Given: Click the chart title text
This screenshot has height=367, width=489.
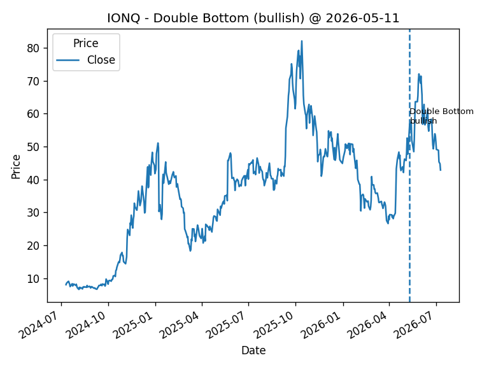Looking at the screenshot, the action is pyautogui.click(x=253, y=18).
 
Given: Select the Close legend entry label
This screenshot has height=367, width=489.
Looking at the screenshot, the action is pyautogui.click(x=101, y=60).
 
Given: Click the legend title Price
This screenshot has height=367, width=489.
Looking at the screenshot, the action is pyautogui.click(x=86, y=43).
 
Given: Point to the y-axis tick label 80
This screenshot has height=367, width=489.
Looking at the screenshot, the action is pyautogui.click(x=33, y=48).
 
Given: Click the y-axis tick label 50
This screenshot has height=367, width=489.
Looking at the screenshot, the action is pyautogui.click(x=33, y=147).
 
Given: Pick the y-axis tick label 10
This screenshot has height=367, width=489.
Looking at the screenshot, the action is pyautogui.click(x=33, y=278).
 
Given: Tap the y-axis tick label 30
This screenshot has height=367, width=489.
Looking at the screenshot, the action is pyautogui.click(x=33, y=213).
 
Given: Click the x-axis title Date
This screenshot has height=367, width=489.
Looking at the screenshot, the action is pyautogui.click(x=253, y=350).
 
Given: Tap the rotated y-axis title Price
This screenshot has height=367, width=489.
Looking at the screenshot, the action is pyautogui.click(x=15, y=167).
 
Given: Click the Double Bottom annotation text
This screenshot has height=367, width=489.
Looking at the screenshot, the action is pyautogui.click(x=441, y=116).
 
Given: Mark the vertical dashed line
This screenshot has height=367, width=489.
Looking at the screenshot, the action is pyautogui.click(x=409, y=166).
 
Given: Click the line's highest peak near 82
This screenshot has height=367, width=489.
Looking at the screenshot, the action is pyautogui.click(x=302, y=41).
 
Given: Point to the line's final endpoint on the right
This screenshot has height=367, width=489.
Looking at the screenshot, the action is pyautogui.click(x=441, y=170).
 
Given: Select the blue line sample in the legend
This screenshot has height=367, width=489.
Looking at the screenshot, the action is pyautogui.click(x=67, y=60).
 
